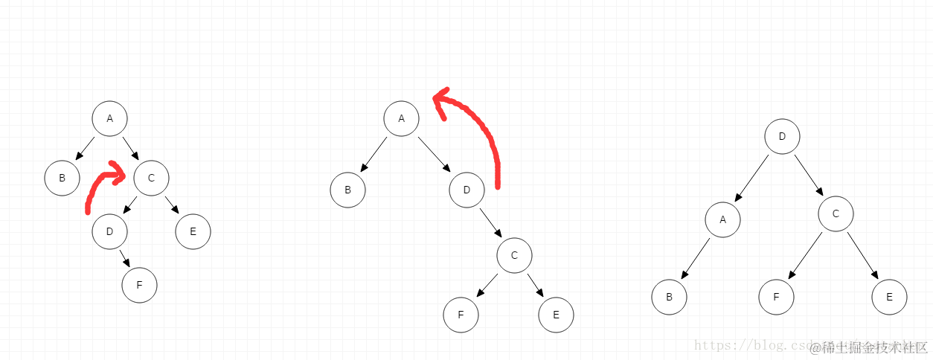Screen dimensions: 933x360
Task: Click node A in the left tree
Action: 110,119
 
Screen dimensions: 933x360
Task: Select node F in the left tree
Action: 140,285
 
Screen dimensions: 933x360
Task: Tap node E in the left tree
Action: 193,231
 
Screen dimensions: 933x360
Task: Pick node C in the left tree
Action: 152,178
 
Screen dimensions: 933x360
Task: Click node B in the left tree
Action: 62,178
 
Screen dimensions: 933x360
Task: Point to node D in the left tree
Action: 110,231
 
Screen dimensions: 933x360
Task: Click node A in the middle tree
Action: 402,119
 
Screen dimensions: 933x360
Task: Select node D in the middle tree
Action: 467,190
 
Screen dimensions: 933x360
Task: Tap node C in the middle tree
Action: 515,256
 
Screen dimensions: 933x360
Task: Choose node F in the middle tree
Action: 461,315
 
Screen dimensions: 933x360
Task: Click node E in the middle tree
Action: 557,315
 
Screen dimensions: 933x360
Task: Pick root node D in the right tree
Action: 783,137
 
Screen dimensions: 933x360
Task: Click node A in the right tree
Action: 723,219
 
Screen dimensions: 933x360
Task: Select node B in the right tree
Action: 670,297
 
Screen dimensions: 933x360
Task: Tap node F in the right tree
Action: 777,297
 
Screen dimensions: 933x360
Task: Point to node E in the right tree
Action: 890,297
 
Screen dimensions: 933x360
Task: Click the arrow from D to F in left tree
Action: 125,258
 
